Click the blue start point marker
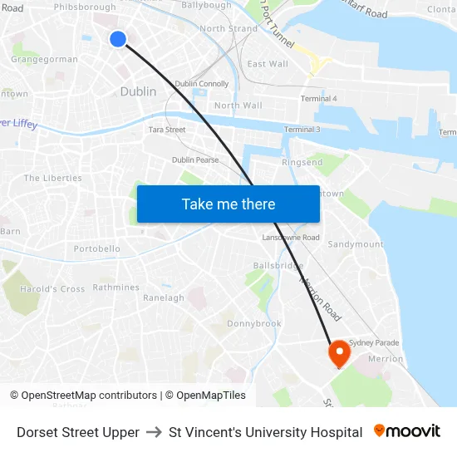[118, 38]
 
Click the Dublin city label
[138, 91]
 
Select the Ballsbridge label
[278, 265]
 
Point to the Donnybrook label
[254, 323]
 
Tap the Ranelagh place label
[164, 297]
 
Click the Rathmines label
[115, 287]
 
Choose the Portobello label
[97, 248]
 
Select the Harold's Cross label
[53, 289]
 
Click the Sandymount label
[356, 244]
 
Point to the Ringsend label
[302, 163]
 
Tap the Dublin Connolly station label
[202, 84]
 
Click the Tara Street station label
[167, 130]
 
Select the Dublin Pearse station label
[196, 160]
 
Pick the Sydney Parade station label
[374, 342]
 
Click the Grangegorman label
[45, 59]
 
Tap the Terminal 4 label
[318, 99]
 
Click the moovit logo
[406, 431]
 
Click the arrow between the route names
[154, 432]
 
